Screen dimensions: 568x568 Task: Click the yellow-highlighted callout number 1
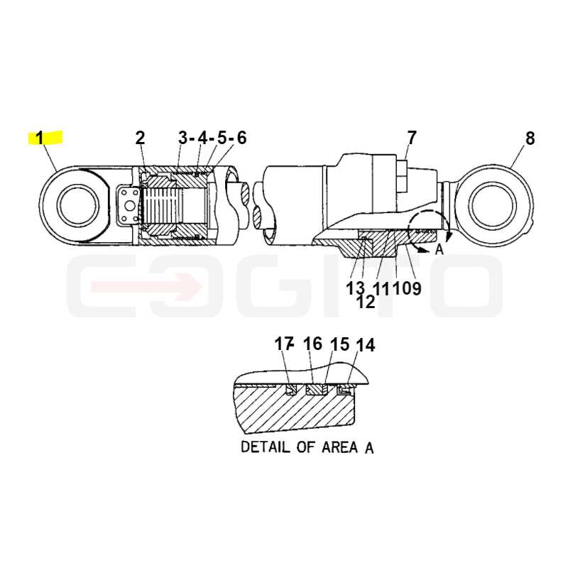[x=39, y=138]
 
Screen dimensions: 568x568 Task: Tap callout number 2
[x=140, y=138]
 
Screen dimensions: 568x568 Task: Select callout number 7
[x=412, y=138]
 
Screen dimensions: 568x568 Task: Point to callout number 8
[x=530, y=138]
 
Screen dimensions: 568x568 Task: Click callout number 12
[x=366, y=302]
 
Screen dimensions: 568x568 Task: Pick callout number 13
[x=355, y=289]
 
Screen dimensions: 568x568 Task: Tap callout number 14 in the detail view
[x=366, y=345]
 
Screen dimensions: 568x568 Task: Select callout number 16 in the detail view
[x=312, y=344]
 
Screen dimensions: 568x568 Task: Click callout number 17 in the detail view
[x=283, y=344]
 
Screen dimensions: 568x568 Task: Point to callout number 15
[x=340, y=344]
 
